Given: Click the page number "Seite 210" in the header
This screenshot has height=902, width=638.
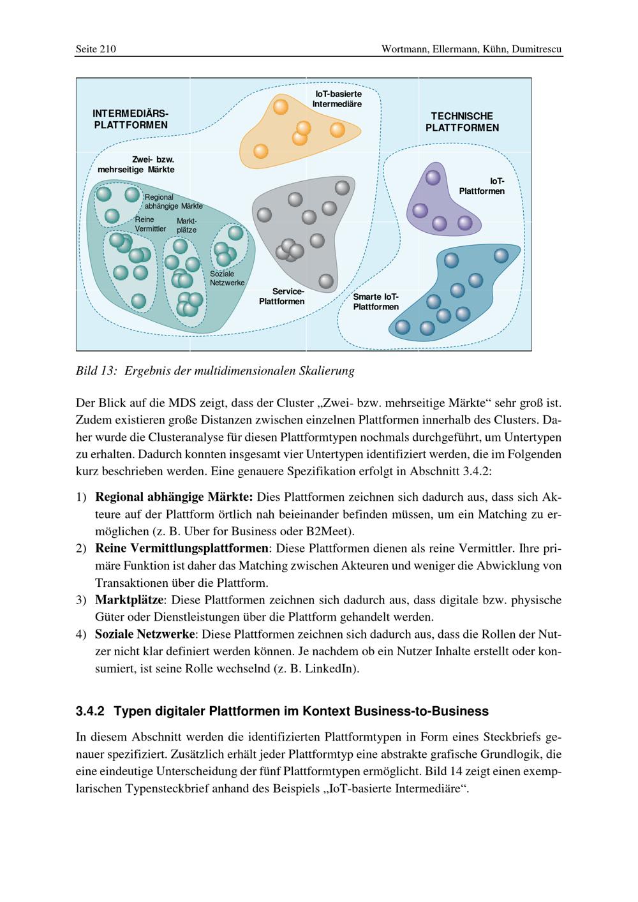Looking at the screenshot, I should (96, 49).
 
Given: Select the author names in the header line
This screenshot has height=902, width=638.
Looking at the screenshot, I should (471, 49).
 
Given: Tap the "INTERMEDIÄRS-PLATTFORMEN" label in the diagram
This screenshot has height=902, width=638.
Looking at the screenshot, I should (130, 119).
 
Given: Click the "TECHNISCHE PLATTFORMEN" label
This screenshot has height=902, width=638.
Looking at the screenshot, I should (462, 122).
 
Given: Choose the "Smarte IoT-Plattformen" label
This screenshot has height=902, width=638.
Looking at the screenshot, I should (376, 302).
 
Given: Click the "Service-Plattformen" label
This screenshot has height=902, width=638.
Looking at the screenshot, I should (281, 296).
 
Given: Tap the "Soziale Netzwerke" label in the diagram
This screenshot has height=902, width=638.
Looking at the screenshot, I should (227, 278).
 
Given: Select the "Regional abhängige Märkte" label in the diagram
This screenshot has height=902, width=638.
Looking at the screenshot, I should (173, 202).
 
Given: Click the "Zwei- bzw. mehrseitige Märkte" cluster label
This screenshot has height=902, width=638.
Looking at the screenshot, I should (136, 165).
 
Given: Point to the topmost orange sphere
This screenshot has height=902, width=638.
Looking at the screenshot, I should (281, 106).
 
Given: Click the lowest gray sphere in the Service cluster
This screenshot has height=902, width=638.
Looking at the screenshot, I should (325, 281).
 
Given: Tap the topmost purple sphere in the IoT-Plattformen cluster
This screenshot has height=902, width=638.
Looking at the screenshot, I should (433, 178).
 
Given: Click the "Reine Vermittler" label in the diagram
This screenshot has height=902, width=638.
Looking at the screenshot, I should (150, 224).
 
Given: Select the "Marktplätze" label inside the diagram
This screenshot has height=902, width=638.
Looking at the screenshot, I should (186, 225).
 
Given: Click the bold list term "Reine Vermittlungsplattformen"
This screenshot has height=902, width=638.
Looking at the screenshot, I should (182, 548).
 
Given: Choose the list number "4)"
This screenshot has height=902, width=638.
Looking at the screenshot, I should (81, 634).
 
